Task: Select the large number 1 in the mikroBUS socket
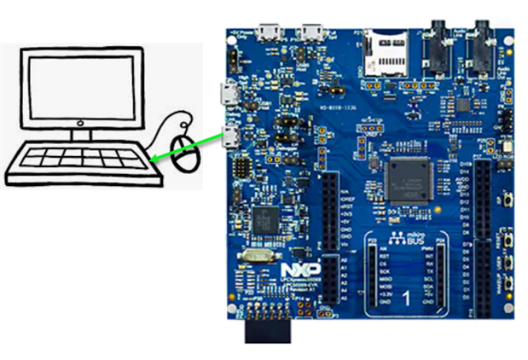[x=406, y=299]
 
